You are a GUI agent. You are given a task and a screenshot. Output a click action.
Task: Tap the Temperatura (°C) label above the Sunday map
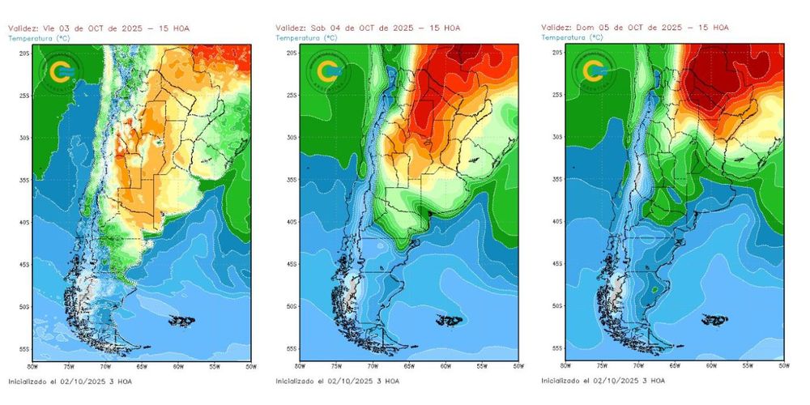point(573,37)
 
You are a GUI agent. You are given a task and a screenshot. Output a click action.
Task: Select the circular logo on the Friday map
point(60,72)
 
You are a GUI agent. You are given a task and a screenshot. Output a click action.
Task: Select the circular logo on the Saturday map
point(327,72)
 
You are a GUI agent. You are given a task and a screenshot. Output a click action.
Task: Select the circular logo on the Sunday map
point(594,72)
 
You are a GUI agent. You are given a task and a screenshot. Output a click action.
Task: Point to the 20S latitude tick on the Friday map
point(25,53)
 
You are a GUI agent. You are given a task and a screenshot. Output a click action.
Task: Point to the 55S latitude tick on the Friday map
point(25,349)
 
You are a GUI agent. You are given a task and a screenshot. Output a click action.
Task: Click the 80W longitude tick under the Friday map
point(32,366)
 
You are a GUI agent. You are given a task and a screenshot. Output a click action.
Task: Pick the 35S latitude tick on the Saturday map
point(292,180)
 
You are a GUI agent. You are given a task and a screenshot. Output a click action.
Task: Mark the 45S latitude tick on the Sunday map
point(559,264)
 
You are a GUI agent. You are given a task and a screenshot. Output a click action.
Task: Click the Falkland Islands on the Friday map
point(181,322)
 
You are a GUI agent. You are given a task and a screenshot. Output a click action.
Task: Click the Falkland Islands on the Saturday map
point(449,322)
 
